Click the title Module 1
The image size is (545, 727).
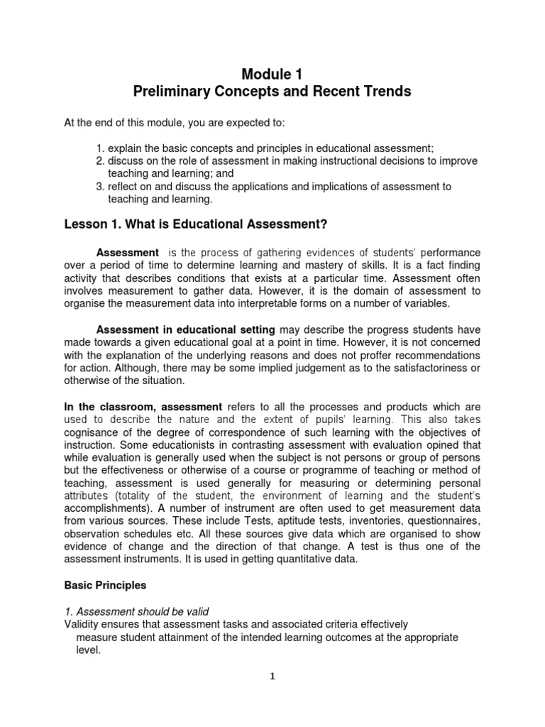(x=272, y=75)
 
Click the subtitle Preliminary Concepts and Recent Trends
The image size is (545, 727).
(x=272, y=93)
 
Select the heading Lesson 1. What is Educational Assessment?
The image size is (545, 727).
(x=196, y=225)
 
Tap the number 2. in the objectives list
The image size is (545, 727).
(x=99, y=161)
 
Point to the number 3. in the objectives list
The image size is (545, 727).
(x=99, y=186)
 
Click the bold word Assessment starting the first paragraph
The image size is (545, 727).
(x=128, y=253)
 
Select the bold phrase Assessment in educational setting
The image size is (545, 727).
(x=186, y=330)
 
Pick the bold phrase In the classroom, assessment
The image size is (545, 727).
(x=143, y=407)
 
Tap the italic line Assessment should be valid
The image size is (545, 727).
(x=133, y=612)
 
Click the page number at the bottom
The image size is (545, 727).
(x=272, y=677)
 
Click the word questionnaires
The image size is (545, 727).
(x=442, y=521)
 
